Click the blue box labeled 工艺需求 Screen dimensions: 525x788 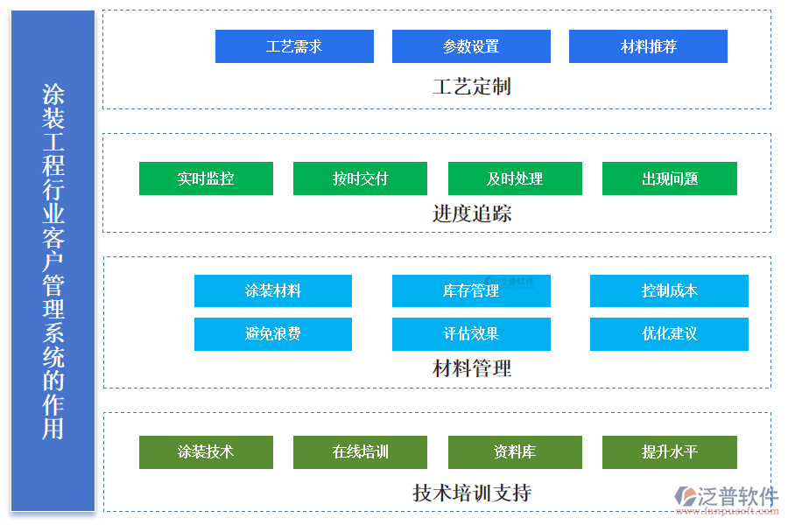coord(294,46)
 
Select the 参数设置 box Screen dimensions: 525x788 coord(471,46)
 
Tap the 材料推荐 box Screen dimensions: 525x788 coord(648,46)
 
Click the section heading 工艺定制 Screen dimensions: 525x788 coord(471,87)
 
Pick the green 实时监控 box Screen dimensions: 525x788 coord(206,178)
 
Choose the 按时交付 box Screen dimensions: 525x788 coord(360,178)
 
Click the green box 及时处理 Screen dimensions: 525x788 coord(515,178)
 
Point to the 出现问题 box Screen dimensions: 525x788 coord(669,178)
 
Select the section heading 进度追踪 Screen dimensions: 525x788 coord(471,213)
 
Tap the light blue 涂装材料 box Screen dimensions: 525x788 coord(272,290)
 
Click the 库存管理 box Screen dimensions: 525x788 coord(471,290)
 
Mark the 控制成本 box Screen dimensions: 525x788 coord(669,290)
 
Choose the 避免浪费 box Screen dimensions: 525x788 coord(272,333)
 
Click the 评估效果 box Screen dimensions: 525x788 coord(471,333)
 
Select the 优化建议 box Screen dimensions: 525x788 coord(669,333)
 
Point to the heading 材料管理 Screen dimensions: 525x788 coord(471,368)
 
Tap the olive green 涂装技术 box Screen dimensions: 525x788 coord(206,451)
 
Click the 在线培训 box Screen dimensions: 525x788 coord(360,451)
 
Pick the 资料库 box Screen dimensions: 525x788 coord(515,451)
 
